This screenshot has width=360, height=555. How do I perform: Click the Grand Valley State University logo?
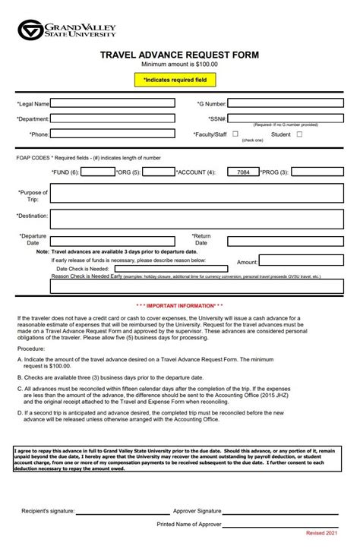click(67, 30)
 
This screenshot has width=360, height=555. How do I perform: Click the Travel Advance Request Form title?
click(180, 55)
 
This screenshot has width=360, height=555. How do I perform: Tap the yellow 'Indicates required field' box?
click(180, 79)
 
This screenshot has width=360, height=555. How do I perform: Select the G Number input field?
click(285, 103)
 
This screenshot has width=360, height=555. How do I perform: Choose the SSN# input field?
click(285, 118)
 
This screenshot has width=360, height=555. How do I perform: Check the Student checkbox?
click(298, 134)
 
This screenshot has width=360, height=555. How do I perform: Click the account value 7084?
click(242, 172)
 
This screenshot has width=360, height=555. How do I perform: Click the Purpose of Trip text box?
click(197, 194)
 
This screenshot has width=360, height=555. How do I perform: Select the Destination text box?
click(197, 219)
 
